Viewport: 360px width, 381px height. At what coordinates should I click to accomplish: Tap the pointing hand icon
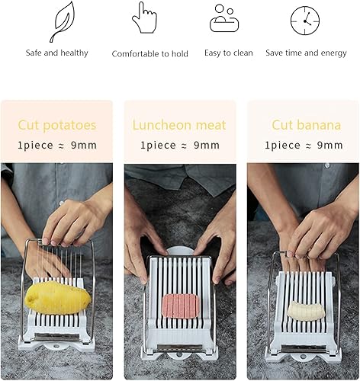145,18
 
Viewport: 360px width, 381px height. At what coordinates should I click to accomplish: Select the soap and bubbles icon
224,18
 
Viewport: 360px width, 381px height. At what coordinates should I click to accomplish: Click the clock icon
305,21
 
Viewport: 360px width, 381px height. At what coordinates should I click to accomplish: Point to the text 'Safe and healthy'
56,53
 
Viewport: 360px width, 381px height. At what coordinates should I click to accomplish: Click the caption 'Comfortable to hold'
150,53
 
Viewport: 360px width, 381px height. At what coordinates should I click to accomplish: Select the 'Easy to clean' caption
229,53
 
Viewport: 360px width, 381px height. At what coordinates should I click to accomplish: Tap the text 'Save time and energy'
306,53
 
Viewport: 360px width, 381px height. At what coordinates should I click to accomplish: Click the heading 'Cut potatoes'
57,126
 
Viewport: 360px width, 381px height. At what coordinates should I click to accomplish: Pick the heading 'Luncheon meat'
179,125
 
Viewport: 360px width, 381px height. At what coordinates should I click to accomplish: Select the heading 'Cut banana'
306,125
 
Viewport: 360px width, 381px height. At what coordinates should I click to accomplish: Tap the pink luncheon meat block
180,305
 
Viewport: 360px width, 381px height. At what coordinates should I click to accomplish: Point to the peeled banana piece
307,311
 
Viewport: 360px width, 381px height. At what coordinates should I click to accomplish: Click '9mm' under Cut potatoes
84,146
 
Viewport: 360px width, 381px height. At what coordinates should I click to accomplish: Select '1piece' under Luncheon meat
158,146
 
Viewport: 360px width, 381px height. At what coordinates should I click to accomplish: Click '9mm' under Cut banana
329,146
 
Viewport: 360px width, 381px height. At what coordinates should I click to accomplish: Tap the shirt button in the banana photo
327,166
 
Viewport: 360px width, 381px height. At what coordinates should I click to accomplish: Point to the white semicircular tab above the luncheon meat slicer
180,251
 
